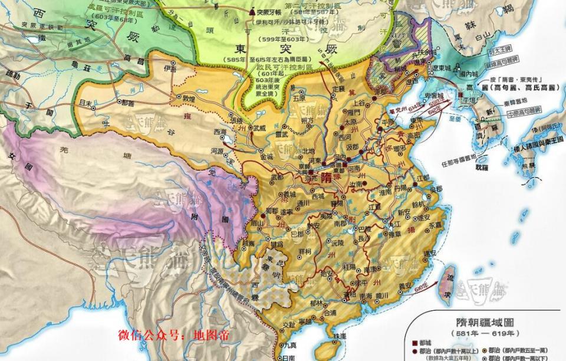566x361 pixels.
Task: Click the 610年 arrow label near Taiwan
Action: (x=422, y=287)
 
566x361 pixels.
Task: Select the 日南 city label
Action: (x=288, y=357)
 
